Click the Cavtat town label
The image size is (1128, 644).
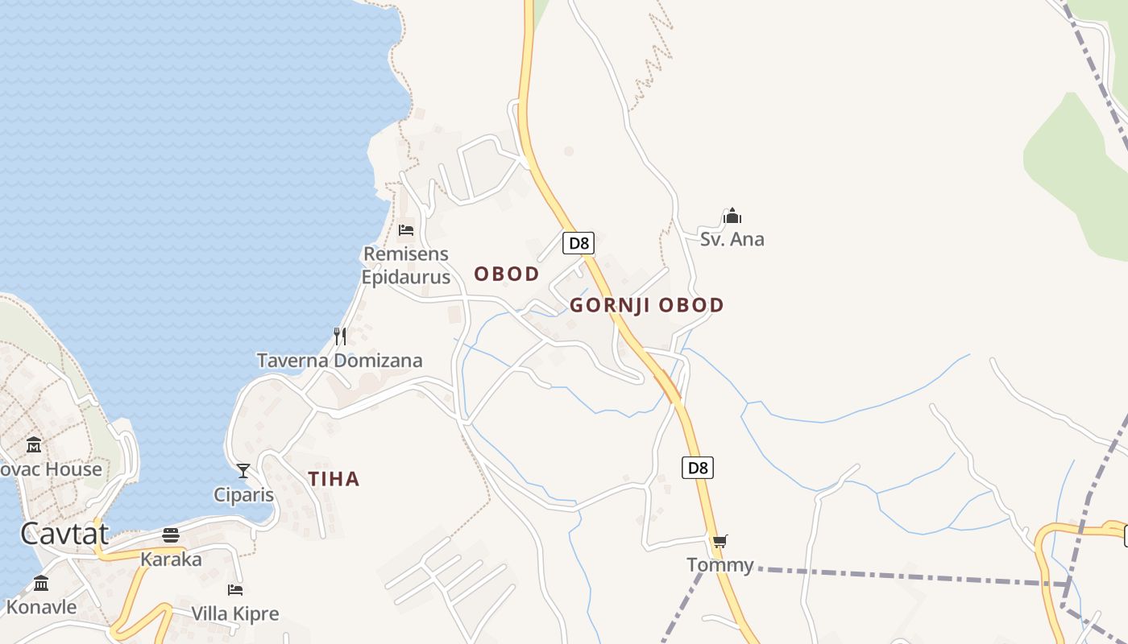click(64, 533)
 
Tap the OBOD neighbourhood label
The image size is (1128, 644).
click(507, 274)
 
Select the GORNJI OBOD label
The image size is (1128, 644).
click(647, 305)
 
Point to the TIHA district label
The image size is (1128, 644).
click(334, 479)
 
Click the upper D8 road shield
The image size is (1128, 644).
click(579, 243)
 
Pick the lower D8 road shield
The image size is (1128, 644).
click(698, 468)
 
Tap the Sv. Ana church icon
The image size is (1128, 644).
click(732, 216)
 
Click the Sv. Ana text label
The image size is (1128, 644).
click(732, 239)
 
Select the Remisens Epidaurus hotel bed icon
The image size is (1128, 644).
click(406, 230)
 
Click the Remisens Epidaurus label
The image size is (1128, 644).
click(405, 266)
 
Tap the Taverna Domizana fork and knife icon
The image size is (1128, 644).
click(340, 336)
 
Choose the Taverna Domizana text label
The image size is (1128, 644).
click(339, 360)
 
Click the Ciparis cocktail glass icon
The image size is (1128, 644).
click(243, 471)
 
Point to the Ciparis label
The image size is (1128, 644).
click(243, 494)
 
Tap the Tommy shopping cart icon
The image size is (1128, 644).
click(720, 541)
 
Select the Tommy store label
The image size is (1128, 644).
click(720, 565)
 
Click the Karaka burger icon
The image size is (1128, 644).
click(171, 535)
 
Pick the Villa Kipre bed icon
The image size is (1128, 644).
click(234, 590)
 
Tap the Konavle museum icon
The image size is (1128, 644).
click(41, 583)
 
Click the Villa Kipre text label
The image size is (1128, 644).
click(234, 613)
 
